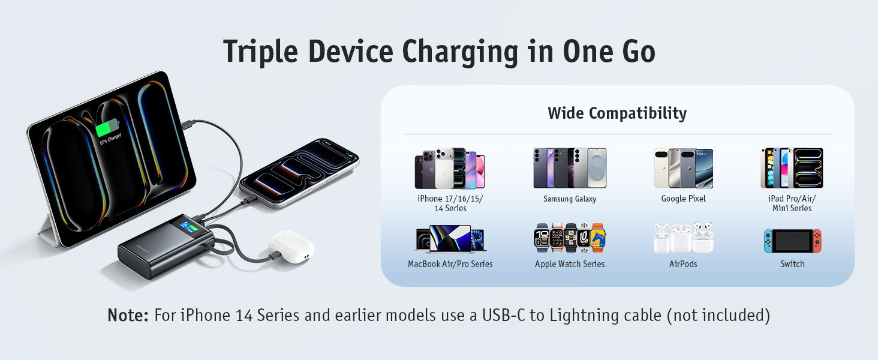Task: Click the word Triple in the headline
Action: click(x=260, y=52)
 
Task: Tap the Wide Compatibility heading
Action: click(x=617, y=113)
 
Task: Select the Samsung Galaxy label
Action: click(x=570, y=199)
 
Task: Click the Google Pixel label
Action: click(x=683, y=199)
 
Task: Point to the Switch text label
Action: click(x=792, y=264)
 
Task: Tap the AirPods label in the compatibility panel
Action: click(x=683, y=264)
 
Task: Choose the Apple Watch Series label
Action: click(x=570, y=264)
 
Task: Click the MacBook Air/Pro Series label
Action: click(x=450, y=264)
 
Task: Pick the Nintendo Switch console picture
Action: click(x=792, y=241)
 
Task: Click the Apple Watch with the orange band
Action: click(x=597, y=238)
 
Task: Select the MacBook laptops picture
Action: click(x=450, y=238)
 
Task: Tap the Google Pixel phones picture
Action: click(x=683, y=168)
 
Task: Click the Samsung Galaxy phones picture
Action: click(x=570, y=168)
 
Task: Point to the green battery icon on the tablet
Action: click(x=107, y=127)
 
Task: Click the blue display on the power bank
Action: click(x=188, y=227)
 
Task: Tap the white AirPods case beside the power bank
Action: click(x=291, y=246)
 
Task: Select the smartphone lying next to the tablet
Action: click(x=299, y=173)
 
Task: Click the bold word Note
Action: click(x=128, y=315)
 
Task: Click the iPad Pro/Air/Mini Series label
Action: click(x=792, y=203)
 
